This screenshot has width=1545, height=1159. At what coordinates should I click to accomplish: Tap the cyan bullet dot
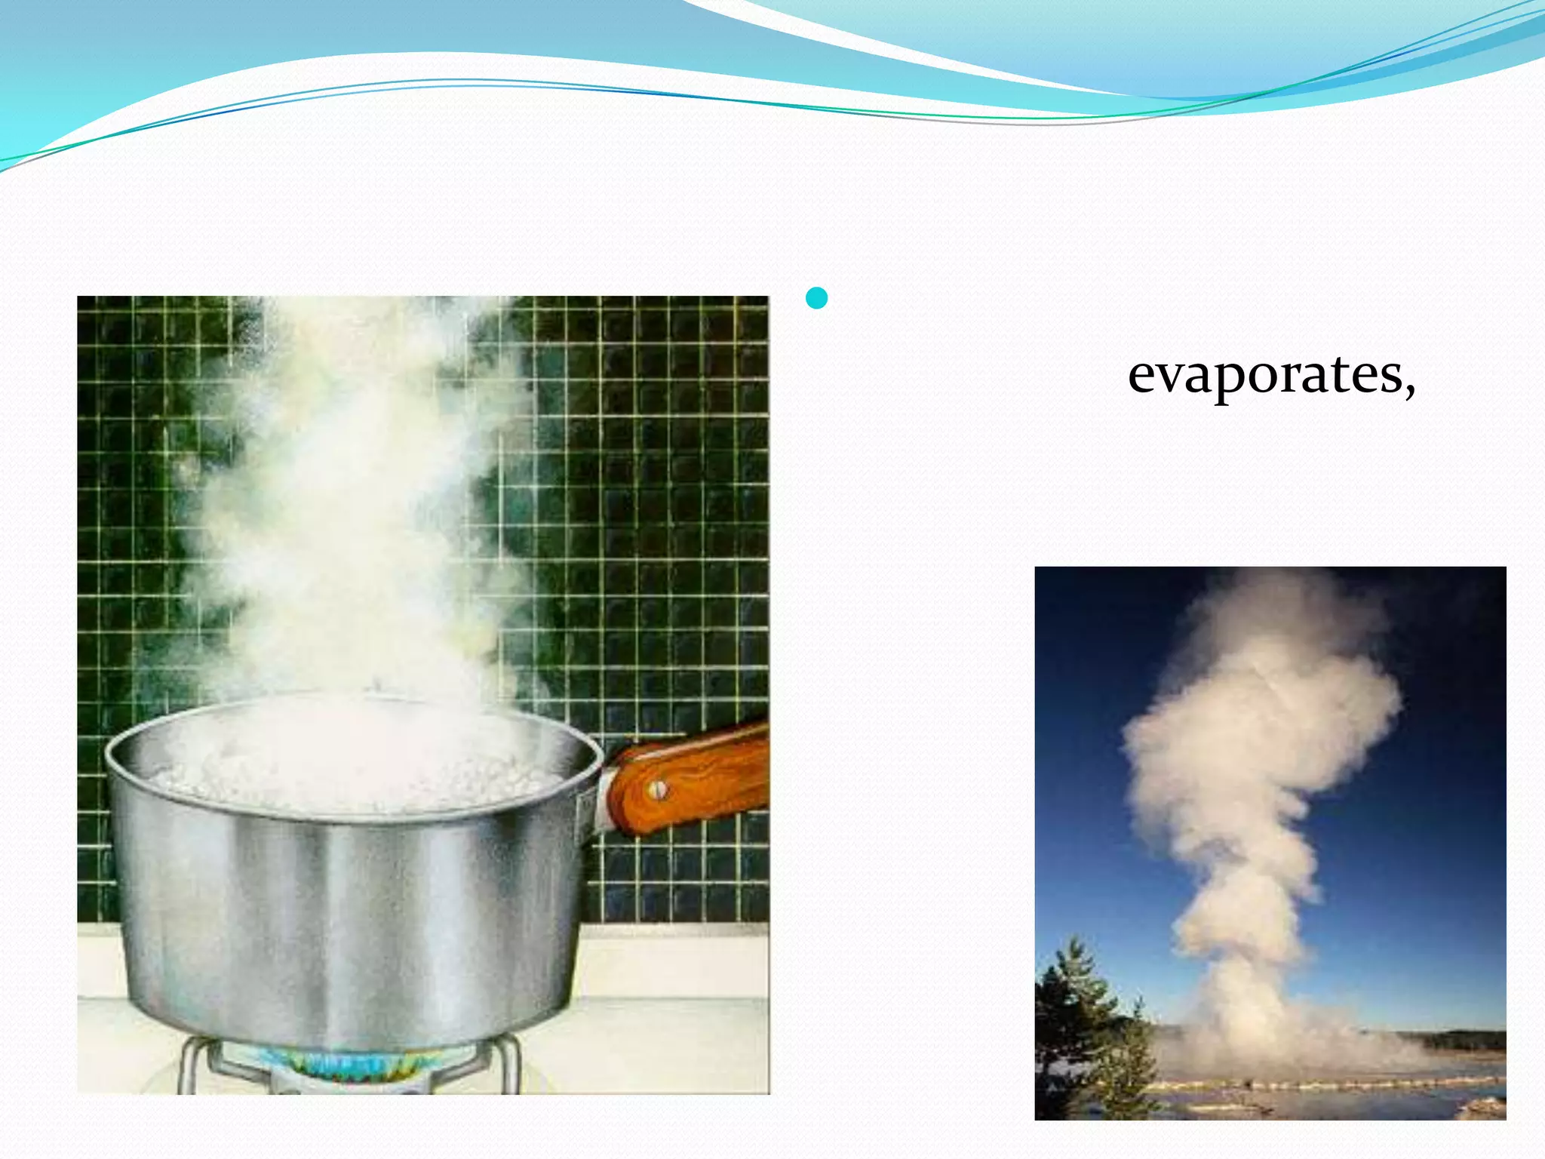[816, 299]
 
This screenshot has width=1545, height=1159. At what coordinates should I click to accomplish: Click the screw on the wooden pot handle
[658, 790]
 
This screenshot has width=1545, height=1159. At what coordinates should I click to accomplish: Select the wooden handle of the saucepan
[694, 777]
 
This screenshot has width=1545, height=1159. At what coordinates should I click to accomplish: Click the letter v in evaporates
[1169, 375]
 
